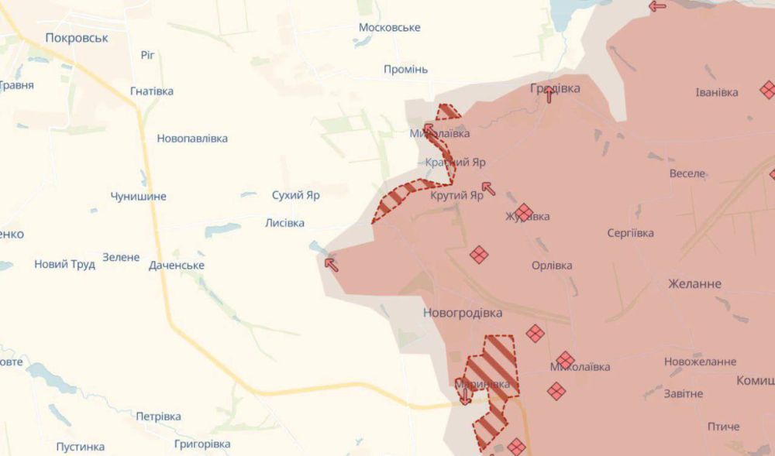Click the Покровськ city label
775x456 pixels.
pyautogui.click(x=77, y=37)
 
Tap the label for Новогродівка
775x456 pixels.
pyautogui.click(x=463, y=313)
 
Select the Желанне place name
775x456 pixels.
pyautogui.click(x=694, y=283)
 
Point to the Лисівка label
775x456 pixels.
pyautogui.click(x=284, y=223)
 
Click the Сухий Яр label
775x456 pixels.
pyautogui.click(x=295, y=195)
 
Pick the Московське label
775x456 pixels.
pyautogui.click(x=389, y=27)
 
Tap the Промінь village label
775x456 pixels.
pyautogui.click(x=405, y=69)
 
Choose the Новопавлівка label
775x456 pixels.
pyautogui.click(x=192, y=138)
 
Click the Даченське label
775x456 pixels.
pyautogui.click(x=177, y=265)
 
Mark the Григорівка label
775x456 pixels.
pyautogui.click(x=202, y=444)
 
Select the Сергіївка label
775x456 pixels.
pyautogui.click(x=630, y=232)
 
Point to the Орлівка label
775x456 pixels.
pyautogui.click(x=552, y=265)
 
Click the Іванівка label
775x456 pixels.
pyautogui.click(x=717, y=92)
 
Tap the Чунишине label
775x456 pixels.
pyautogui.click(x=138, y=196)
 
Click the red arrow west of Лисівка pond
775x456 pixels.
pyautogui.click(x=331, y=265)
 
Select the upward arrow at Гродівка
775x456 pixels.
pyautogui.click(x=549, y=94)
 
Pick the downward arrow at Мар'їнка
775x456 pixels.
pyautogui.click(x=464, y=396)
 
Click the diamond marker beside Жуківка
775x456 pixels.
pyautogui.click(x=524, y=212)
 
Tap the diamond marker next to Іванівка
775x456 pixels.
pyautogui.click(x=767, y=90)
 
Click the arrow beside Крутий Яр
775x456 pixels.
pyautogui.click(x=487, y=187)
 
